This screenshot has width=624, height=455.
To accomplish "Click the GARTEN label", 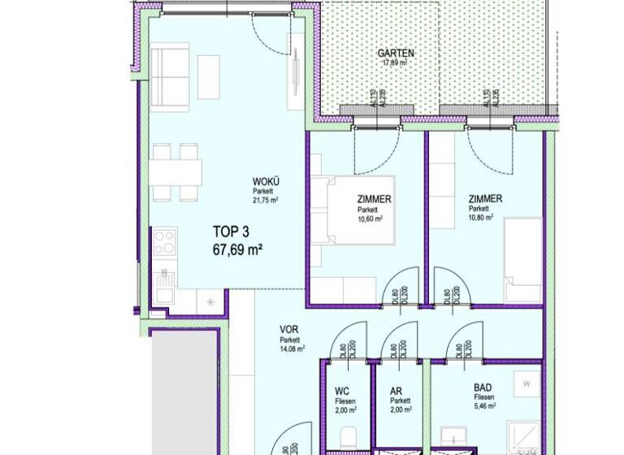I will (x=396, y=54).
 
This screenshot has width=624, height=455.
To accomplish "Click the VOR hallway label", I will (x=288, y=329).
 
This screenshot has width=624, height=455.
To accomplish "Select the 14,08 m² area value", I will (x=292, y=349).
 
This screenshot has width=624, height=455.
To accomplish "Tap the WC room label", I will (x=341, y=391).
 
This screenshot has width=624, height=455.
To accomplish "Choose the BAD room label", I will (x=482, y=389).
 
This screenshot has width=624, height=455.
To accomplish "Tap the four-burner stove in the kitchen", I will (x=165, y=242).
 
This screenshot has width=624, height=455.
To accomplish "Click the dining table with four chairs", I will (x=176, y=171).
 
